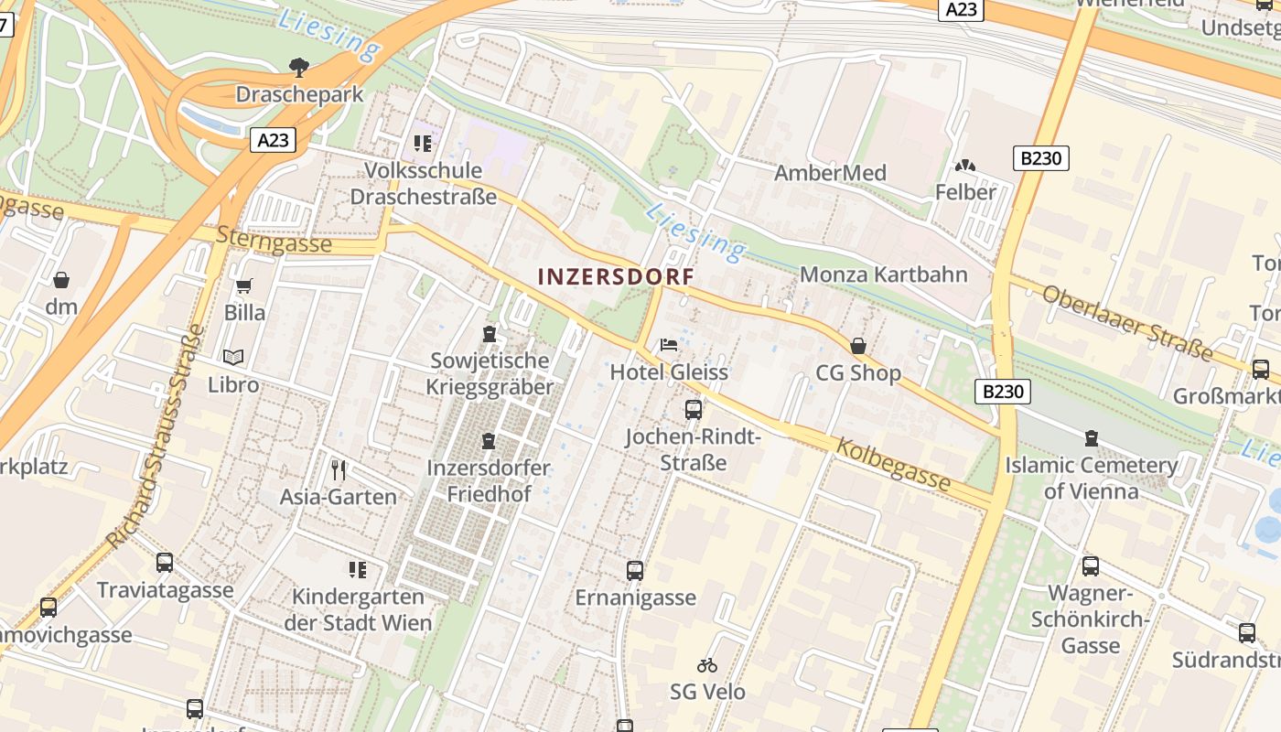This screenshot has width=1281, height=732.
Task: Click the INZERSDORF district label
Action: pyautogui.click(x=615, y=276)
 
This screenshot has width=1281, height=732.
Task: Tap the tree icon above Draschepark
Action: pyautogui.click(x=298, y=66)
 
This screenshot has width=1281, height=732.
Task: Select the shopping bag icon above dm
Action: pyautogui.click(x=61, y=280)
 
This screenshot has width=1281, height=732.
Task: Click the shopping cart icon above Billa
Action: pyautogui.click(x=244, y=286)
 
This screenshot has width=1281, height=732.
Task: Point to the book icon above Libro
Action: pyautogui.click(x=233, y=358)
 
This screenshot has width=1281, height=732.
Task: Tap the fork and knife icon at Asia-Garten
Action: pyautogui.click(x=339, y=470)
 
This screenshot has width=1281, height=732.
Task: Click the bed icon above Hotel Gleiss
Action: pyautogui.click(x=669, y=345)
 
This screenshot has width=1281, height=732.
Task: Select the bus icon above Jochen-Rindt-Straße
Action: pyautogui.click(x=694, y=409)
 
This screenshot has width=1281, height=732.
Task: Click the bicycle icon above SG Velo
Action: pyautogui.click(x=706, y=665)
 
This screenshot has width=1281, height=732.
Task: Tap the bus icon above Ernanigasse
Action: pyautogui.click(x=635, y=571)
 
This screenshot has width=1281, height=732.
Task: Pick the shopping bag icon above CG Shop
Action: pyautogui.click(x=858, y=346)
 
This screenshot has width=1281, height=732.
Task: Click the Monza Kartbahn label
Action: pyautogui.click(x=883, y=274)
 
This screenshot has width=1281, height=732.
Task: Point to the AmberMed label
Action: pyautogui.click(x=830, y=173)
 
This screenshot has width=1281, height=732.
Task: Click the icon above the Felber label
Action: pyautogui.click(x=964, y=167)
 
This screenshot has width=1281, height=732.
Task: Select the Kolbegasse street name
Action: pyautogui.click(x=892, y=464)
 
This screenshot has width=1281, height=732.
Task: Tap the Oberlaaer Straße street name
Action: pyautogui.click(x=1127, y=323)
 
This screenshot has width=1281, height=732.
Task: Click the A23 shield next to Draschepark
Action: pyautogui.click(x=274, y=140)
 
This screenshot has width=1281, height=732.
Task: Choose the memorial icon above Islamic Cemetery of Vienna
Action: pyautogui.click(x=1091, y=438)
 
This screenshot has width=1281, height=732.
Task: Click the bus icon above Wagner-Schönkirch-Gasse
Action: pyautogui.click(x=1090, y=566)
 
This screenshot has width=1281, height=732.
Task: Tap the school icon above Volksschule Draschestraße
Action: pyautogui.click(x=422, y=144)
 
